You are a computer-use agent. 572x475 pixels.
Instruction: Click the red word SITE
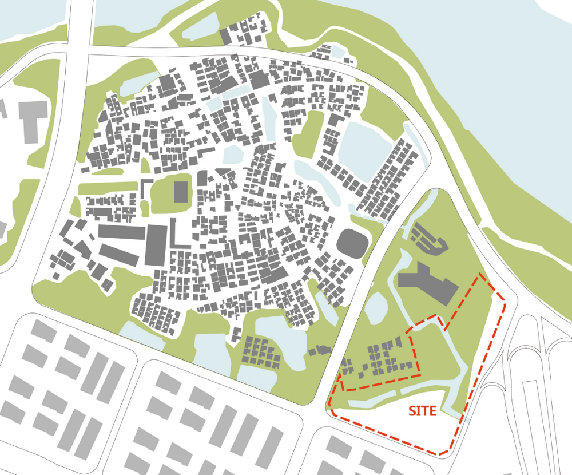(422, 411)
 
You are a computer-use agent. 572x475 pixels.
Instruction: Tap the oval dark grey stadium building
(351, 243)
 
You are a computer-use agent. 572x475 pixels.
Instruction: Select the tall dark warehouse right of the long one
(156, 244)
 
